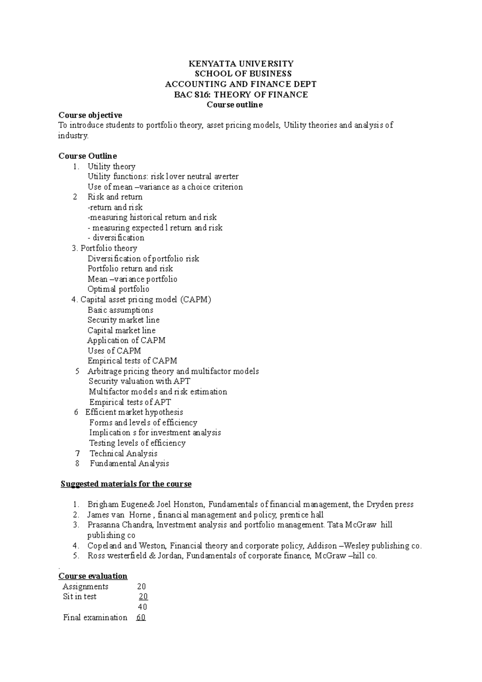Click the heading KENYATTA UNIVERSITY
[241, 63]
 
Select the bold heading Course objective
[90, 115]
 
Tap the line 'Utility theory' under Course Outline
[111, 166]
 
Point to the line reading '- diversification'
[116, 238]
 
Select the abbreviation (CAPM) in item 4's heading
[196, 300]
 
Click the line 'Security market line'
[123, 320]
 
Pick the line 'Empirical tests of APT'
[130, 402]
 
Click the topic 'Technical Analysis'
[123, 453]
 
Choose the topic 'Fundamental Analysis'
[129, 464]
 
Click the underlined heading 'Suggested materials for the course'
[126, 484]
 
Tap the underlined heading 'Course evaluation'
[93, 576]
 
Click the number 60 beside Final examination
[141, 618]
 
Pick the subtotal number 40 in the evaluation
[142, 607]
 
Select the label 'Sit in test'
[80, 597]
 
